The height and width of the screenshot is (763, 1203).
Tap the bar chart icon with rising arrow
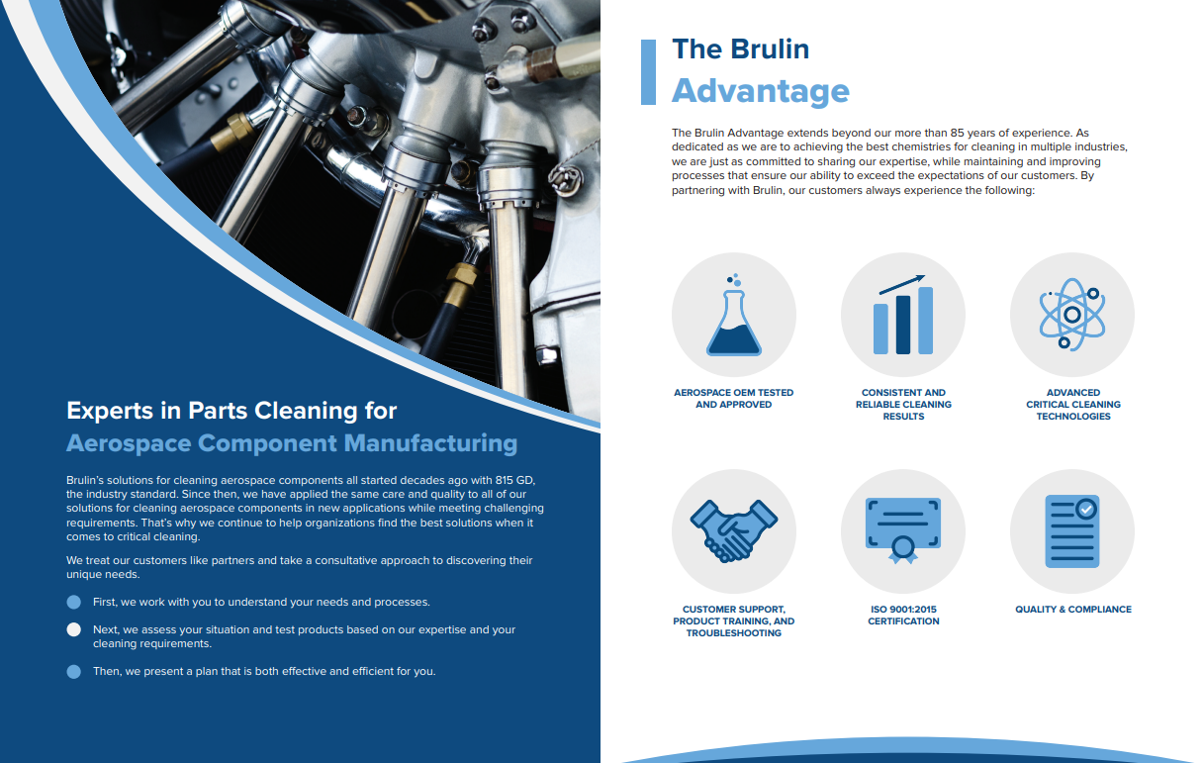point(903,315)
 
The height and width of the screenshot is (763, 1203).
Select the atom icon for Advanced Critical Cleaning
point(1072,315)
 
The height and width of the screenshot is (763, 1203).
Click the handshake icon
point(734,530)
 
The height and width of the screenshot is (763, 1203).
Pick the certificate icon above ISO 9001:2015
point(903,530)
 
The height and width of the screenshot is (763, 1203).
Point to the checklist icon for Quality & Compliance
point(1072,530)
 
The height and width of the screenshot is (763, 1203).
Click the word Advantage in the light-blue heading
point(761,91)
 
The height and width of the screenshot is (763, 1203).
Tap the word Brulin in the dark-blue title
point(770,48)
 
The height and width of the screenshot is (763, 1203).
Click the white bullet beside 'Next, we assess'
point(73,629)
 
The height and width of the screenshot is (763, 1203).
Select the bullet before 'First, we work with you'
point(73,602)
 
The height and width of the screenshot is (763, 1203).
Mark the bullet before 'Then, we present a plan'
point(73,672)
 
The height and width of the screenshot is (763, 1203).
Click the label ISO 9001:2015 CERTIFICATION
point(903,616)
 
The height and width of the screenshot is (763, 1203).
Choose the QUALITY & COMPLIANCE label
point(1073,610)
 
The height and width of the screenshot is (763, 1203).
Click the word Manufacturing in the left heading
point(430,443)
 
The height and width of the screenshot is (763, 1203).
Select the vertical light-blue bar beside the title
point(648,72)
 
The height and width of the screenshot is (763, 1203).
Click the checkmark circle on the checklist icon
point(1086,509)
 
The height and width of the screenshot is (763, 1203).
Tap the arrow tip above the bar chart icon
point(923,277)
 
